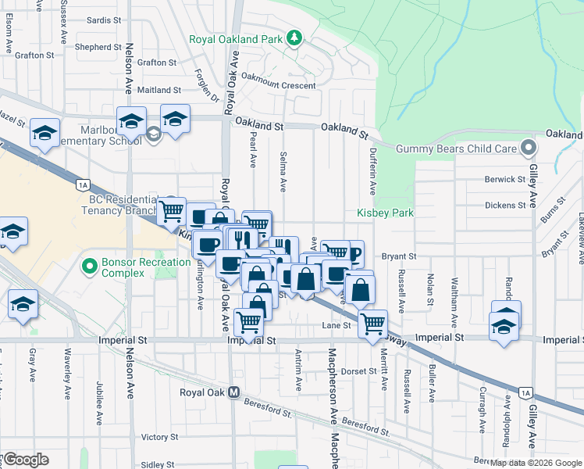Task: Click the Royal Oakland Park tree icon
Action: (294, 38)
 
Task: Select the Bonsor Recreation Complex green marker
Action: (91, 267)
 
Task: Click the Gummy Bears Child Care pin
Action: (529, 148)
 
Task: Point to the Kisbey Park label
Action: (384, 213)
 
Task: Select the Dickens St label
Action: (504, 205)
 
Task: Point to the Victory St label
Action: (160, 437)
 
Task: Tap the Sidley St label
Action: (157, 464)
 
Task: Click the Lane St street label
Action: (337, 325)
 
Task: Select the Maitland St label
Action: (158, 91)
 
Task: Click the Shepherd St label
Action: (98, 47)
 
